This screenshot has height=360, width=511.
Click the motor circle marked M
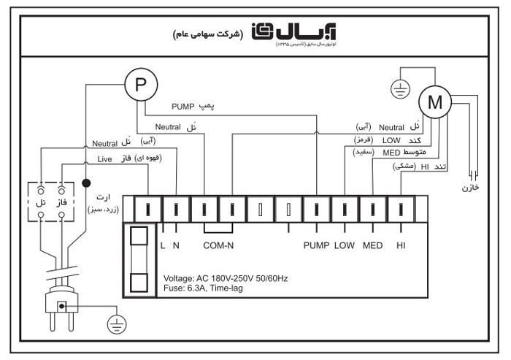point(435,103)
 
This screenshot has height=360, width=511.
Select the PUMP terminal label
point(317,245)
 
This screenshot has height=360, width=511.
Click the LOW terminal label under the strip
point(345,245)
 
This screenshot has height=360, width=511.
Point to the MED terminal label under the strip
point(372,245)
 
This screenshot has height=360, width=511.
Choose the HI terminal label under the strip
point(401,245)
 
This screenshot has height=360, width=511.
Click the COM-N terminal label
point(218,245)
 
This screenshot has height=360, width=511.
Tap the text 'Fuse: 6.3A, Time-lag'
point(204,288)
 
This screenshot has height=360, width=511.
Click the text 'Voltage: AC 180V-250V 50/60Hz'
point(226,279)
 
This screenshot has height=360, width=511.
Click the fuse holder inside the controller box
point(138,259)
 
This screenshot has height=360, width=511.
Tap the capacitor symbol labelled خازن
point(474,175)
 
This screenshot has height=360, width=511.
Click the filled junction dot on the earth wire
point(86,183)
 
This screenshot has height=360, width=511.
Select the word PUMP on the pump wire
point(184,105)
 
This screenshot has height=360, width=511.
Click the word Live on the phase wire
point(107,158)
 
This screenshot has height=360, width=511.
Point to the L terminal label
point(162,245)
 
